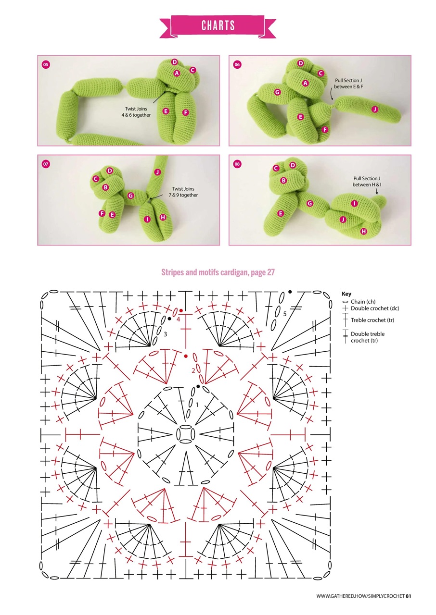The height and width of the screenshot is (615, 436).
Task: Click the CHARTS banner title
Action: tap(218, 25)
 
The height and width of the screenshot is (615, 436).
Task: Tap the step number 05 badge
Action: tap(46, 64)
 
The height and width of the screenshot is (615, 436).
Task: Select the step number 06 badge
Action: tap(237, 64)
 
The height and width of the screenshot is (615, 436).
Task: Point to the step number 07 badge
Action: tap(46, 164)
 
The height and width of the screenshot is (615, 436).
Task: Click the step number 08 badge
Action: tap(237, 164)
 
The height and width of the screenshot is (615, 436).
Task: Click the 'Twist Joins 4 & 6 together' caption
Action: tap(138, 112)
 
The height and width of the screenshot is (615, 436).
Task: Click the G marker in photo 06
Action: tap(277, 92)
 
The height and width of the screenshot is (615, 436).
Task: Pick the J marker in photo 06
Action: tap(374, 110)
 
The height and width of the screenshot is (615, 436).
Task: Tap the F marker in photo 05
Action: tap(186, 112)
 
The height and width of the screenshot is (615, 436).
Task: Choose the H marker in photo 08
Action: tap(363, 231)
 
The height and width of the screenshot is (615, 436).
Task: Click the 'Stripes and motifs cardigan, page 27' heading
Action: tap(218, 272)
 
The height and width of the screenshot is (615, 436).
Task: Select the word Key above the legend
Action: tap(346, 294)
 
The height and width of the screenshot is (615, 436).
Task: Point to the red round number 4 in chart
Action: tap(178, 319)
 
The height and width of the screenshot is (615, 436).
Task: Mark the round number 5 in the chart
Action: tap(285, 313)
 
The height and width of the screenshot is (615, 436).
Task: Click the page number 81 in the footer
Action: tap(408, 596)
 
